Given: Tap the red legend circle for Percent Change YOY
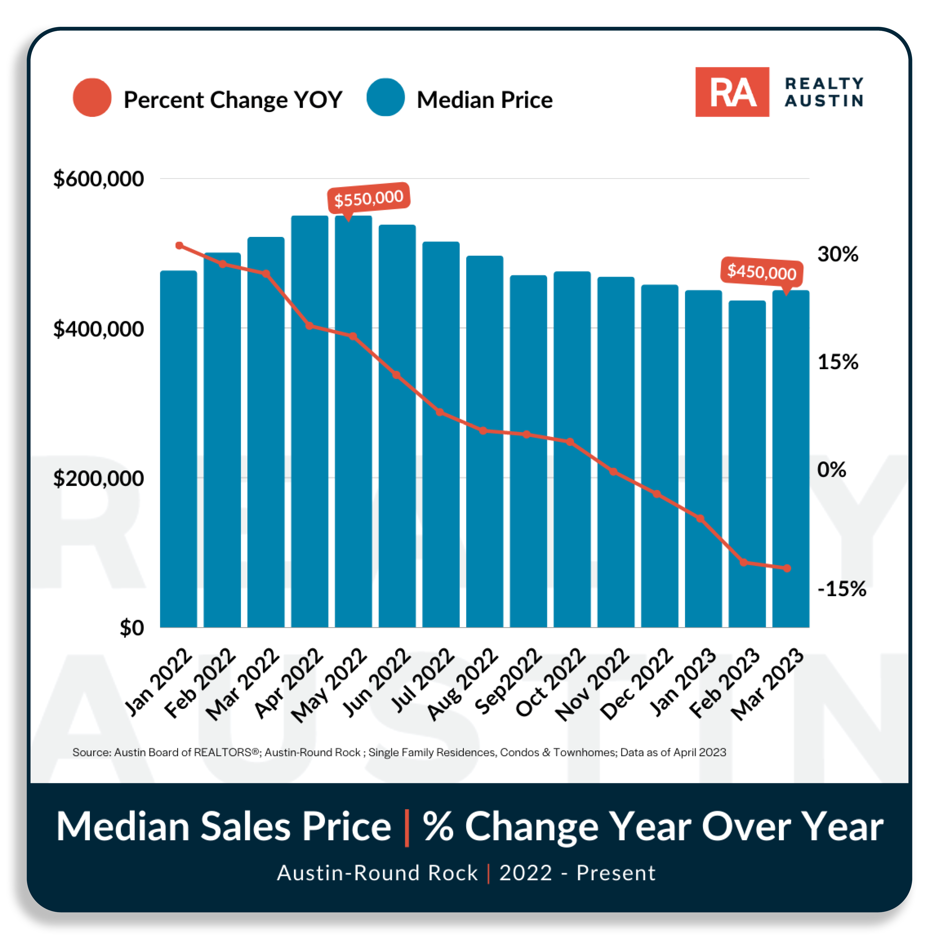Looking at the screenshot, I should coord(92,97).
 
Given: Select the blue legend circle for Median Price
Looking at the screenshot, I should coord(386,97).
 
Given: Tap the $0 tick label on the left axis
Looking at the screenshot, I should coord(132,628).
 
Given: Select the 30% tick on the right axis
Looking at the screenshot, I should coord(837,254).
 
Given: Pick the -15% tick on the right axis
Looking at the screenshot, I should coord(841,589).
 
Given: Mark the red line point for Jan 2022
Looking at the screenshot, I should coord(179,245).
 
